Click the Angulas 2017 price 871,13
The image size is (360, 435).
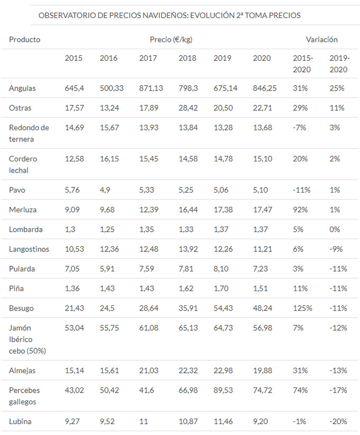pos(150,88)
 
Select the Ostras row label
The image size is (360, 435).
pos(20,108)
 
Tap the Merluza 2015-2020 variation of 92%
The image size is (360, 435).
pos(300,210)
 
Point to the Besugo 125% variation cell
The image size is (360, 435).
pos(302,307)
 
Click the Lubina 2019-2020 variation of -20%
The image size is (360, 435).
pos(338,422)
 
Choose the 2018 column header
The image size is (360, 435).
pos(187,58)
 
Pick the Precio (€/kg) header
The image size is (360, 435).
pos(172,39)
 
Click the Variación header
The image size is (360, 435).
pos(321,39)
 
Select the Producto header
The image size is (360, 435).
pos(24,39)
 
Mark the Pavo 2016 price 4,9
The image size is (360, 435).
pos(105,191)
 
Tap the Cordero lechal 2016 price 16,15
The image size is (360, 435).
pos(110,159)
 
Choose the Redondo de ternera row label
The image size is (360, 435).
pos(29,133)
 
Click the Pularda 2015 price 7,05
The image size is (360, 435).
pos(74,269)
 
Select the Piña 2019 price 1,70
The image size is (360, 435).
pos(222,288)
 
